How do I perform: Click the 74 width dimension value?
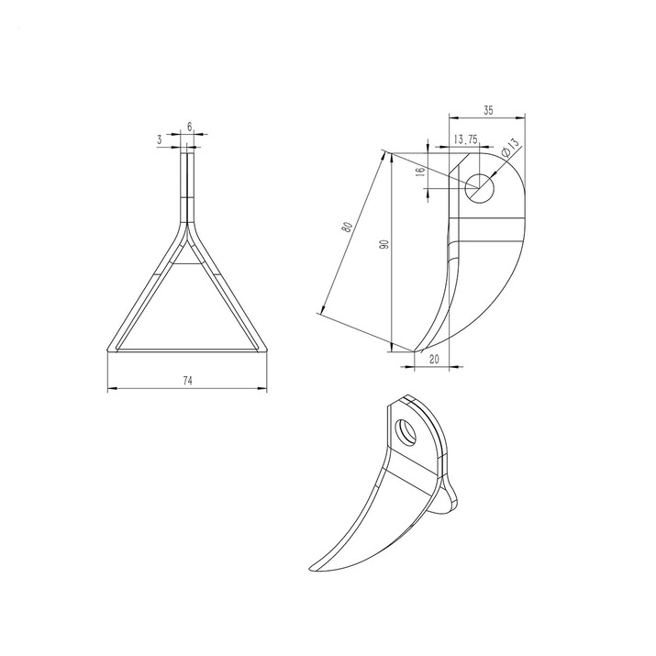(x=187, y=380)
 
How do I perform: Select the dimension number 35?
(x=487, y=110)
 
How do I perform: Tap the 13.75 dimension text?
(x=465, y=139)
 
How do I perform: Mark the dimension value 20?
(x=431, y=360)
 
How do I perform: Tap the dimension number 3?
(x=160, y=139)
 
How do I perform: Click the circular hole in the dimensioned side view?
(x=480, y=186)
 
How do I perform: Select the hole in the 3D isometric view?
(x=405, y=429)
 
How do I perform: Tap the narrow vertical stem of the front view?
(x=187, y=183)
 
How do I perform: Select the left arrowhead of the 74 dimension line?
(x=110, y=389)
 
